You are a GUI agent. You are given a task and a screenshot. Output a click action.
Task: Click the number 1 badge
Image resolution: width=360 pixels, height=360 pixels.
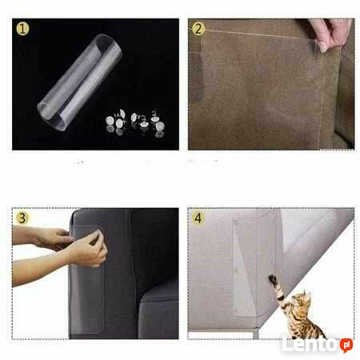[22, 29]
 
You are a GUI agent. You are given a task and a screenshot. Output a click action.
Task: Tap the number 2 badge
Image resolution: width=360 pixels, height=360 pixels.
[198, 29]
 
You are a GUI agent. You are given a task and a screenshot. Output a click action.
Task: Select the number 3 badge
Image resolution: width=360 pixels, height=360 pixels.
[22, 218]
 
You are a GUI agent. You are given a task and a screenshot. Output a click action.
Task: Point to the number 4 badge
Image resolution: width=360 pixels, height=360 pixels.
[198, 218]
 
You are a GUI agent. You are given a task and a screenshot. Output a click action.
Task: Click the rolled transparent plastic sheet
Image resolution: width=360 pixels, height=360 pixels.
[79, 82]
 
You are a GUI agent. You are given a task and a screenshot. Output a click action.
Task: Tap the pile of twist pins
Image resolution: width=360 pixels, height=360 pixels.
[135, 122]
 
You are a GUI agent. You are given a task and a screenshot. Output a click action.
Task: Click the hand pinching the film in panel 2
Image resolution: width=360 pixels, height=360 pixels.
[330, 34]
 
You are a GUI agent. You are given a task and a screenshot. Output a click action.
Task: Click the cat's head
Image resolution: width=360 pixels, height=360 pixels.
[302, 300]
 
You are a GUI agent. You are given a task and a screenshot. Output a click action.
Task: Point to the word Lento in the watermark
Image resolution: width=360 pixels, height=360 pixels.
[310, 345]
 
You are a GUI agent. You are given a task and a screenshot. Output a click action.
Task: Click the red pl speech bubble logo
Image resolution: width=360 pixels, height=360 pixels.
[346, 345]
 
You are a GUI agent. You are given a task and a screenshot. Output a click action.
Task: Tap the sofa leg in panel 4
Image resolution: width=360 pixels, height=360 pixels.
[256, 334]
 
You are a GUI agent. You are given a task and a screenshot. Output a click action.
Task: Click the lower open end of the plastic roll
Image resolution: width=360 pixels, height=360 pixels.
[50, 116]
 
